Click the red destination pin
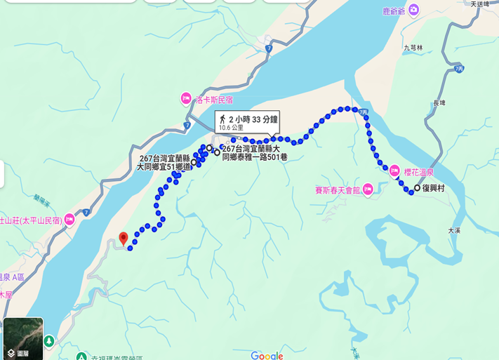pos(124,238)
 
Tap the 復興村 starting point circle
pos(417,188)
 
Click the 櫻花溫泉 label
pos(420,171)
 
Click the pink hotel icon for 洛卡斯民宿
pos(185,98)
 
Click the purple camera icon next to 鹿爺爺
pos(413,10)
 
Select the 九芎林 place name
pos(413,48)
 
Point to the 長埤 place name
pos(440,103)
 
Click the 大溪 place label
pos(455,229)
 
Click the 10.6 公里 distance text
pos(232,128)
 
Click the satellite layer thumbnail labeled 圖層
pos(23,338)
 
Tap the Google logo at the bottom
pos(267,356)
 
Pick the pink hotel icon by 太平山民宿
pos(69,220)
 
